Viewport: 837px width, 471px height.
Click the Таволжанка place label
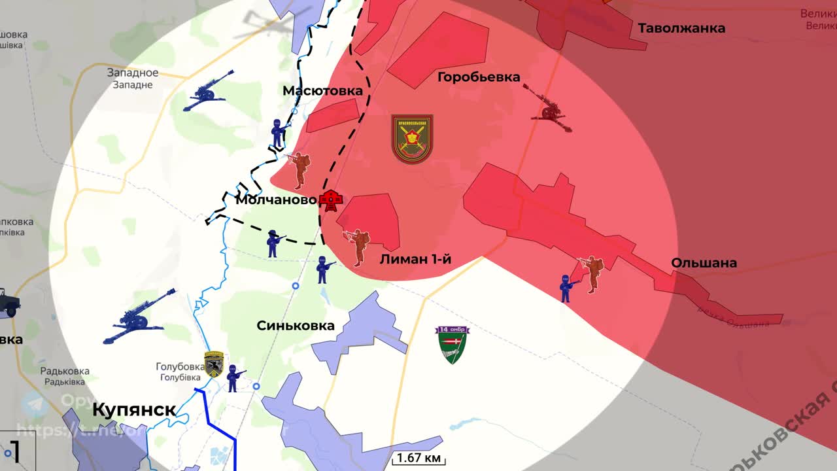(681, 28)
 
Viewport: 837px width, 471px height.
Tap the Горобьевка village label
(479, 77)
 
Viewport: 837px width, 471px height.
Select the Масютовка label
(322, 91)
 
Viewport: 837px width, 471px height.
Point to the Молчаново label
(276, 200)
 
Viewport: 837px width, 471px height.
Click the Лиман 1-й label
(415, 259)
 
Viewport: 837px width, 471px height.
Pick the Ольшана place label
(704, 263)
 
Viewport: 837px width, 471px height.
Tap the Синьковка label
(296, 325)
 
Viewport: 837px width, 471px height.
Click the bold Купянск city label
(134, 410)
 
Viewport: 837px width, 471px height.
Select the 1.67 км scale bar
(418, 458)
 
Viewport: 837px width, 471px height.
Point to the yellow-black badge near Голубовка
(214, 364)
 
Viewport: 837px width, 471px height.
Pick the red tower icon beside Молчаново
(332, 200)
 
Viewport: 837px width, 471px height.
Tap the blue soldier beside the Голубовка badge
(233, 378)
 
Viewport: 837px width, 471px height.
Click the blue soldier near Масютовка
(278, 133)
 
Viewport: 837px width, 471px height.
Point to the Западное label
(133, 73)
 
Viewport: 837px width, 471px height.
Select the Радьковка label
(65, 372)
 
